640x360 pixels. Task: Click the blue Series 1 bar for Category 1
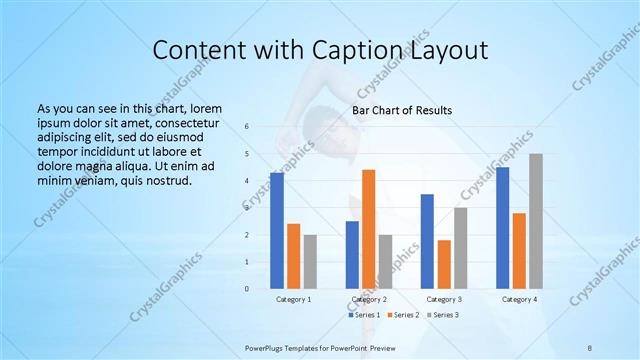pos(277,231)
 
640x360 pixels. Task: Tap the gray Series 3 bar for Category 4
pos(535,221)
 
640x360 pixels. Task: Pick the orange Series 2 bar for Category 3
pos(444,264)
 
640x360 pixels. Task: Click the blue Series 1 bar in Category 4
pos(502,228)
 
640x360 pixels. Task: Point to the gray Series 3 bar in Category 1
pos(310,262)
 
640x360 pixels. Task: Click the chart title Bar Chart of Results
pos(402,110)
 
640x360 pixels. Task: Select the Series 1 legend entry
pos(366,315)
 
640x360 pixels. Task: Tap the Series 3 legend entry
pos(443,315)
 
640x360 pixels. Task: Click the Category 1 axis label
pos(293,299)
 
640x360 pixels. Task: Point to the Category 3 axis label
pos(443,299)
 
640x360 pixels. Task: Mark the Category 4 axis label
pos(519,299)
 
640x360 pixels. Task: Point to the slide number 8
pos(590,346)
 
